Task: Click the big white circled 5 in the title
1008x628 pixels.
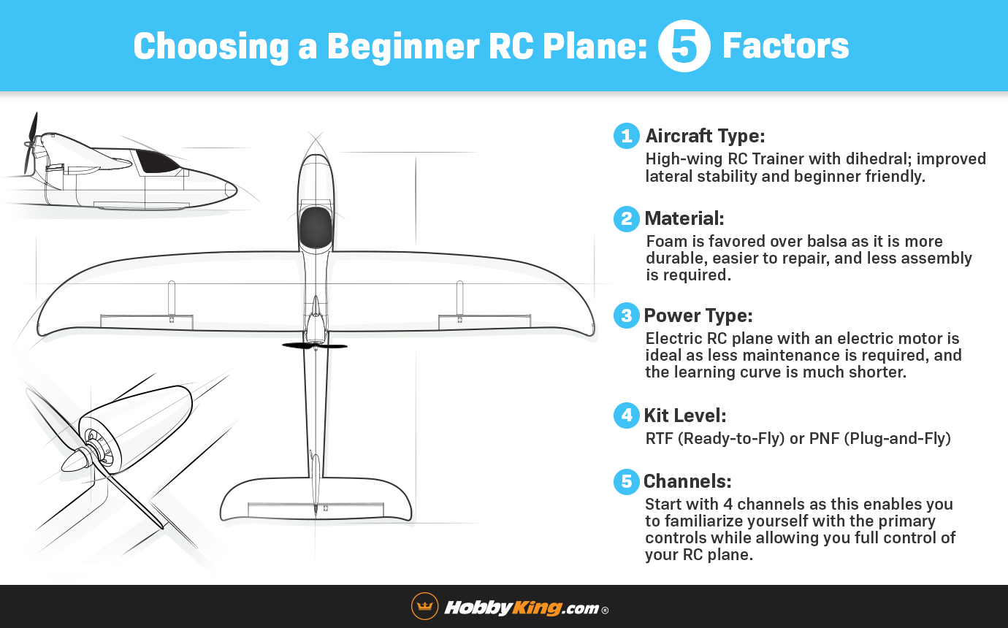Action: (x=684, y=46)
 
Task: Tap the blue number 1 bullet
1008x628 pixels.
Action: (x=627, y=136)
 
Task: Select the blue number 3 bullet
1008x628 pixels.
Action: (x=627, y=315)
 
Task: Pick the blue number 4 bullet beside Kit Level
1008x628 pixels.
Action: (x=627, y=416)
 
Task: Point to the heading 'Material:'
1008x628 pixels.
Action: (x=684, y=218)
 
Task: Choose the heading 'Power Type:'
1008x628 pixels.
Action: (x=698, y=315)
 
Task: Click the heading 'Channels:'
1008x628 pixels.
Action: (x=687, y=481)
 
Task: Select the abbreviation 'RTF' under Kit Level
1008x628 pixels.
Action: (x=659, y=438)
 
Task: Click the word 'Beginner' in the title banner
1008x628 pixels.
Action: (x=403, y=47)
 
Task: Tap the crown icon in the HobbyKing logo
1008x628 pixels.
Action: (x=425, y=606)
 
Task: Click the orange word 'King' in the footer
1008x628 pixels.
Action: (x=536, y=608)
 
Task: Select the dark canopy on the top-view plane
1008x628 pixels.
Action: (x=316, y=226)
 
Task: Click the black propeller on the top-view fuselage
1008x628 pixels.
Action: (x=315, y=346)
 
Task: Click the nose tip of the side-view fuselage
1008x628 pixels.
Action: (x=236, y=191)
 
